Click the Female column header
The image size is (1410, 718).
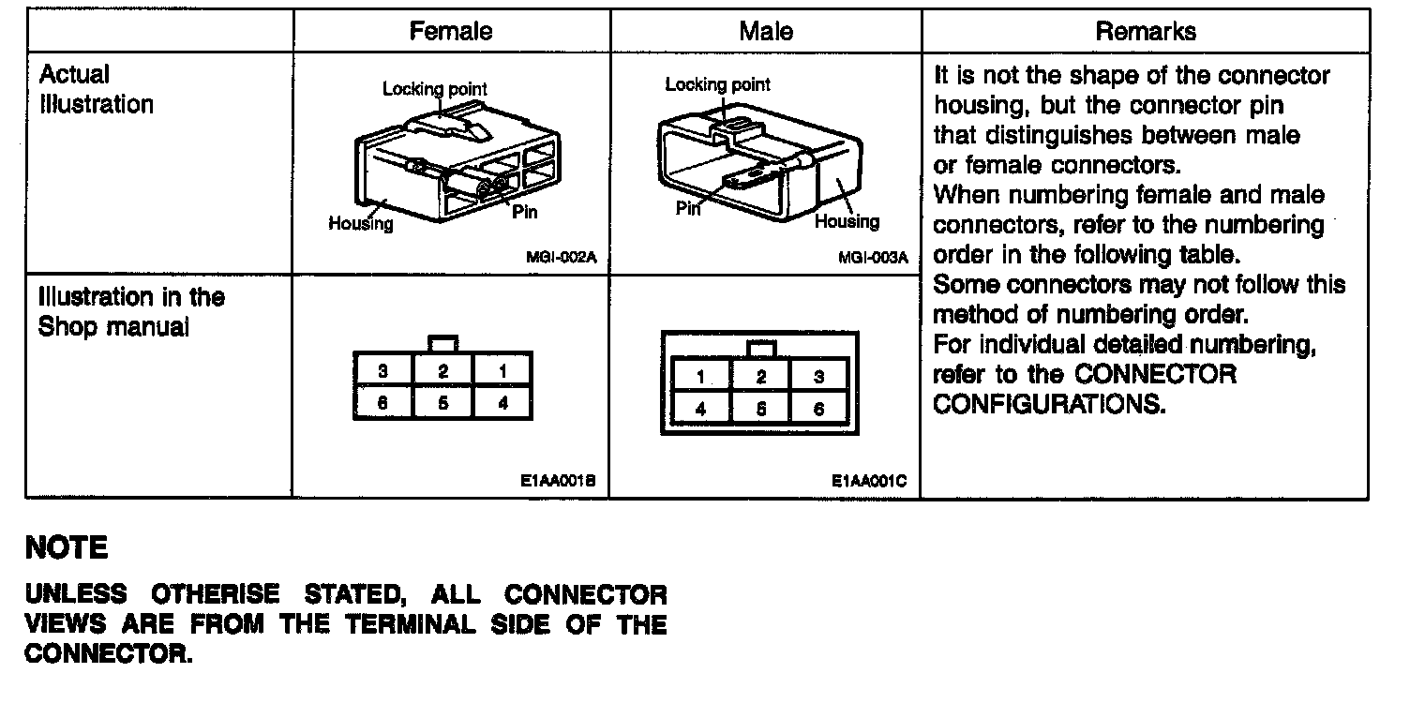(x=451, y=31)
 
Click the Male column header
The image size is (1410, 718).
(x=766, y=31)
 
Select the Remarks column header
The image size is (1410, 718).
(x=1146, y=31)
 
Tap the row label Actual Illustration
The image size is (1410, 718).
(x=95, y=89)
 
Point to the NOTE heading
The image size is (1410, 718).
(x=67, y=548)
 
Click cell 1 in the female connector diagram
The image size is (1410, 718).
(x=503, y=371)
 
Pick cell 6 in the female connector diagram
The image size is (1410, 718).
(x=382, y=405)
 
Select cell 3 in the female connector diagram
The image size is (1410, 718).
(x=382, y=371)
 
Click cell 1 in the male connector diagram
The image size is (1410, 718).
(x=701, y=378)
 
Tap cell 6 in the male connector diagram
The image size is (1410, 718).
(x=819, y=410)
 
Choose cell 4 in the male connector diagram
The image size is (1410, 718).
(x=701, y=410)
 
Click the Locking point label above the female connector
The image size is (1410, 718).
(x=434, y=90)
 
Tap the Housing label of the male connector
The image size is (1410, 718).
(x=847, y=222)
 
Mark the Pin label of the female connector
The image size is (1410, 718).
(x=525, y=213)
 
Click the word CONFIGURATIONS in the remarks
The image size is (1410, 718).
(x=1050, y=406)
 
